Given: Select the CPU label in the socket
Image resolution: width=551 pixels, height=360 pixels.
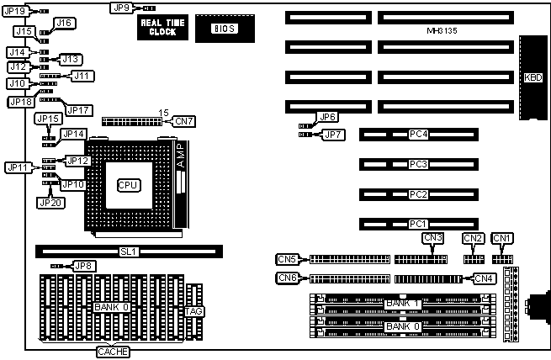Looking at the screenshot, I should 128,185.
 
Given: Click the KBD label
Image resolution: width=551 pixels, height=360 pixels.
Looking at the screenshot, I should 532,77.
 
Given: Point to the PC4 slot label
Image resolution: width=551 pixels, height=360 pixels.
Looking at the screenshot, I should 418,135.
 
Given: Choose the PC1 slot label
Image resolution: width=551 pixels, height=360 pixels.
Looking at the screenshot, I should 418,224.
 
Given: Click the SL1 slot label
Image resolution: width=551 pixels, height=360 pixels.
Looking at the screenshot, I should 128,251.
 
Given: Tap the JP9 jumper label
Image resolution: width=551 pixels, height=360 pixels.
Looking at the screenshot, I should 120,8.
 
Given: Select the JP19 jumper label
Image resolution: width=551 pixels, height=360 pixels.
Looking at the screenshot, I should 16,10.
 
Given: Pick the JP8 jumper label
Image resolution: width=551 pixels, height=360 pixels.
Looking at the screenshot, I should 83,266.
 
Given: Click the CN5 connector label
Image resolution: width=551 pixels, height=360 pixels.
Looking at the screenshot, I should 288,258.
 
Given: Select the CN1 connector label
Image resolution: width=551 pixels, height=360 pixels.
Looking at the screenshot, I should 502,238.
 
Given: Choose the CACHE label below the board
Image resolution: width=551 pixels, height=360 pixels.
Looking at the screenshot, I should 113,351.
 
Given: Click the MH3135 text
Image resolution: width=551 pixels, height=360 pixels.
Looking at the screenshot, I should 443,30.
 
